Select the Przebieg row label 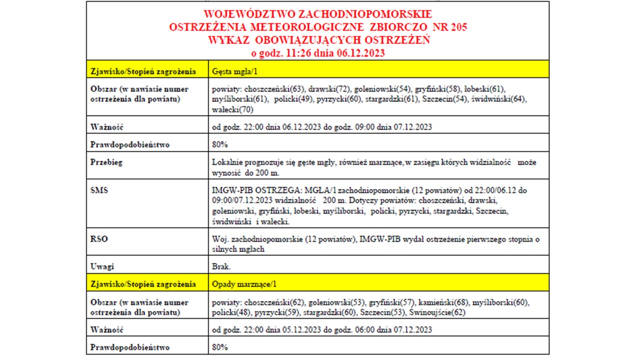[106, 162]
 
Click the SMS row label [99, 190]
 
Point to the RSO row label [99, 239]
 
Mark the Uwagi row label [102, 266]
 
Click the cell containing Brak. [221, 266]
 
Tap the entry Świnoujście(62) [437, 312]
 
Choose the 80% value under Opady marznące [220, 347]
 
